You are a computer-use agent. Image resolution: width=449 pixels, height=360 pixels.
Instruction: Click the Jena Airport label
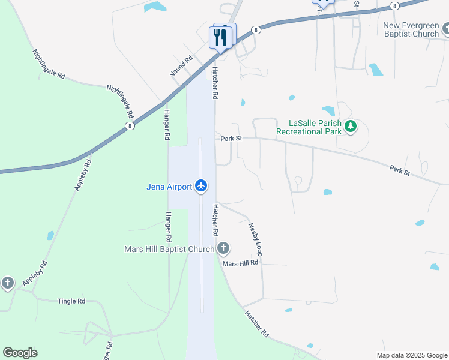(169, 187)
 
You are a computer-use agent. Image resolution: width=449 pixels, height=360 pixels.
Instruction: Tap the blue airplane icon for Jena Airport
(201, 187)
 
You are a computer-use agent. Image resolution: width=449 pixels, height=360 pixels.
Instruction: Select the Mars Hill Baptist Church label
(169, 249)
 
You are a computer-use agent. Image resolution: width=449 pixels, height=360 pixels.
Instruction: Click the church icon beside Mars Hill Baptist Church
(223, 248)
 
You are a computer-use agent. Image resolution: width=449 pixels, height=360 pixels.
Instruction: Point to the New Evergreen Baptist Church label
(412, 29)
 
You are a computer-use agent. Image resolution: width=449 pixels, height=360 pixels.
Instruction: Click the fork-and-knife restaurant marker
(220, 37)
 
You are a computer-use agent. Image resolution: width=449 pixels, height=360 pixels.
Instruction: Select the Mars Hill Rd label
(240, 263)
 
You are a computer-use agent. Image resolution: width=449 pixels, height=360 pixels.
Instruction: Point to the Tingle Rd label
(71, 301)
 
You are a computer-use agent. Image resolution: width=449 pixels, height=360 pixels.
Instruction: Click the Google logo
(20, 353)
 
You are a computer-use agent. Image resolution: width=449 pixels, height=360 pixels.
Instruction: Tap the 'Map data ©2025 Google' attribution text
(411, 355)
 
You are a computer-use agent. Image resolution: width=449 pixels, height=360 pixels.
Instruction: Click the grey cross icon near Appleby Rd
(7, 283)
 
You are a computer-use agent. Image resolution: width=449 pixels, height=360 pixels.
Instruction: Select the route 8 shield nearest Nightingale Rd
(130, 126)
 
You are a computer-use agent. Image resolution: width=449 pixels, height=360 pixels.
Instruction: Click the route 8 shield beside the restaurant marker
(256, 29)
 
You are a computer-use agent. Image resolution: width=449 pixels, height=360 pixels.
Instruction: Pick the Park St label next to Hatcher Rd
(231, 139)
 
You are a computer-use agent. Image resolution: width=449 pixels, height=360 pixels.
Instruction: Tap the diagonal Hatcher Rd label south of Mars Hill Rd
(256, 324)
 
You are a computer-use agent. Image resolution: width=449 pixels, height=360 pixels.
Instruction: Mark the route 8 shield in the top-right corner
(394, 6)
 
